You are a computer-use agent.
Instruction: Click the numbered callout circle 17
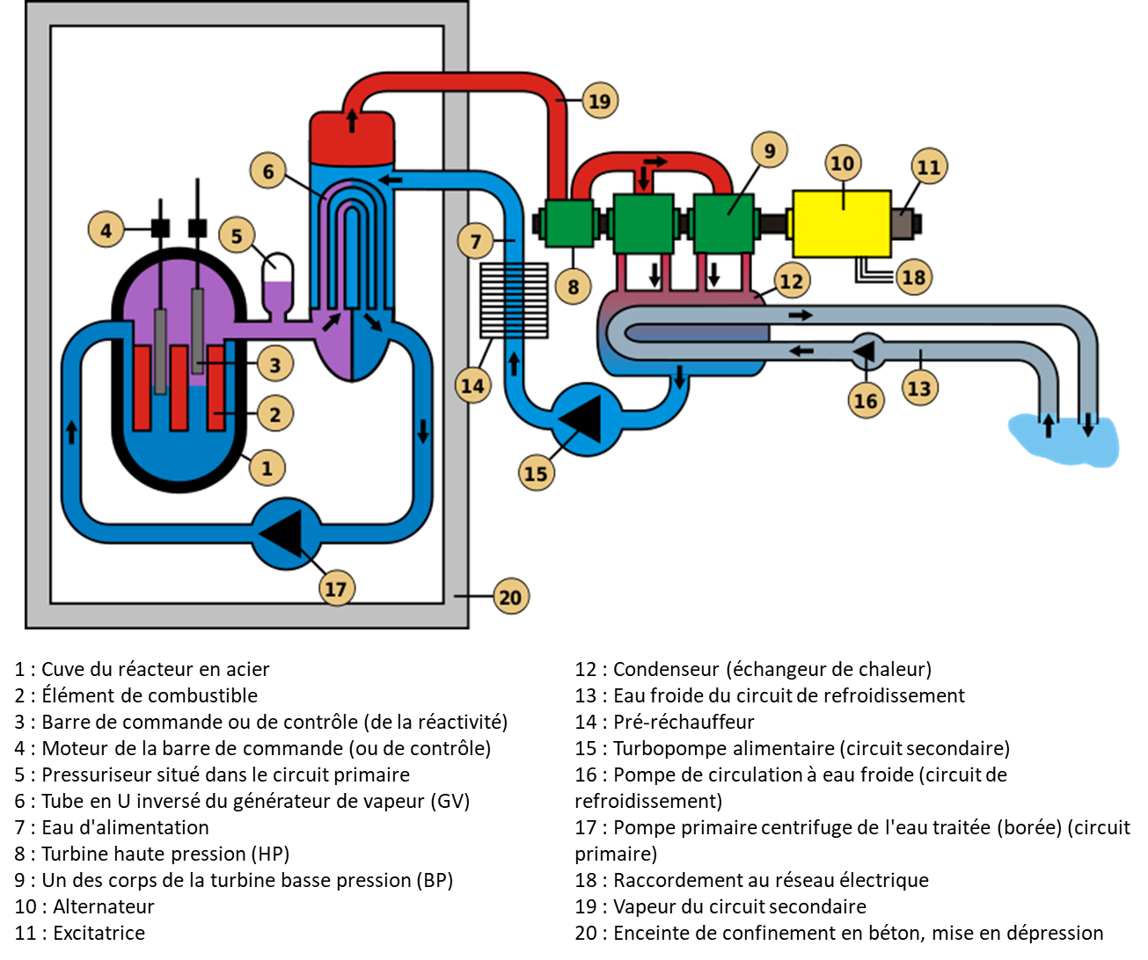(336, 588)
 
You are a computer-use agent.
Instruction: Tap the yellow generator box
(841, 224)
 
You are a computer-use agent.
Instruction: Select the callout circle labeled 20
(510, 597)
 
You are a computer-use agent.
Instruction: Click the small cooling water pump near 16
(865, 351)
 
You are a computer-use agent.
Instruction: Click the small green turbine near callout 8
(568, 222)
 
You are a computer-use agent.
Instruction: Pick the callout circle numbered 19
(599, 101)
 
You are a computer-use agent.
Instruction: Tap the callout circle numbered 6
(267, 171)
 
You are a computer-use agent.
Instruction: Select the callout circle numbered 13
(919, 387)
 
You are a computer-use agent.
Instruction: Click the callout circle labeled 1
(267, 468)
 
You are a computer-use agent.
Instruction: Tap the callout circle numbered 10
(843, 164)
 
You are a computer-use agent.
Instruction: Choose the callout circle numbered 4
(106, 231)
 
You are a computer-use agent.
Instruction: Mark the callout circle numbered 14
(472, 385)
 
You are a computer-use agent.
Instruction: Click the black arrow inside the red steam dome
(352, 120)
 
